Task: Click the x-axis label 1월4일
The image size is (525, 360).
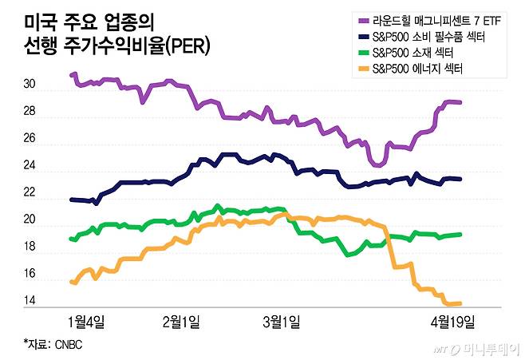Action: (x=88, y=322)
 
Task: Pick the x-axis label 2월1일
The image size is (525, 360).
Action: (x=181, y=322)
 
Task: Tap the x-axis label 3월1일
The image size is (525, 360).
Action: (x=282, y=322)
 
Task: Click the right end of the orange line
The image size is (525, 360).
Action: (x=460, y=303)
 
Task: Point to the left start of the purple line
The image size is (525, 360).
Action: (x=73, y=74)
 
